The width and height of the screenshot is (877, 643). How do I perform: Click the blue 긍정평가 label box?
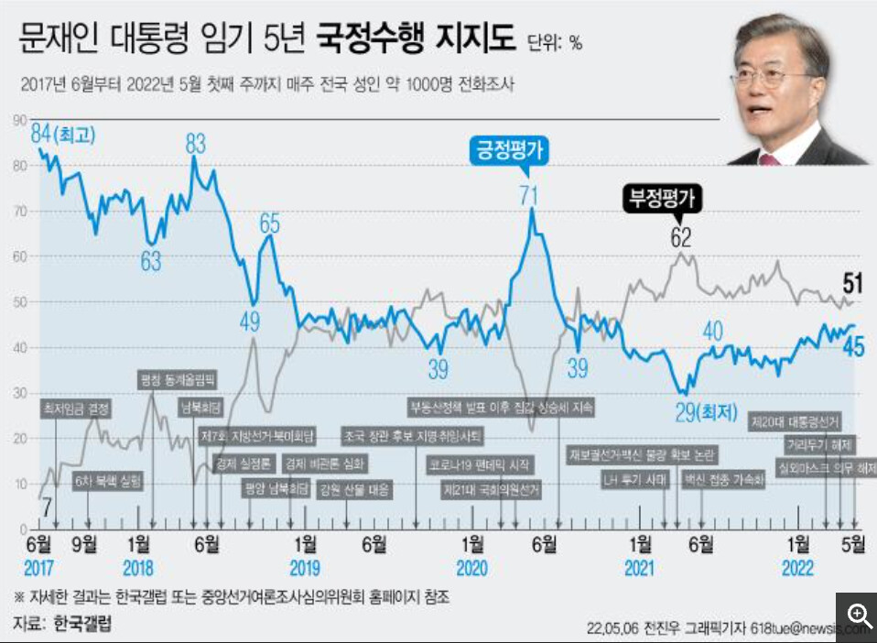pos(509,149)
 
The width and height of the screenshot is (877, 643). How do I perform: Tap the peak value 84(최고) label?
pos(64,134)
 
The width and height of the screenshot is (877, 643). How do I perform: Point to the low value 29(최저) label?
pos(706,412)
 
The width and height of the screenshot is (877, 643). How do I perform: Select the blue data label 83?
pos(195,143)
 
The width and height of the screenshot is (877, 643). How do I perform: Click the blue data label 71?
pos(528,194)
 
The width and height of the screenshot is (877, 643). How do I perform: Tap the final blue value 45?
pos(854,346)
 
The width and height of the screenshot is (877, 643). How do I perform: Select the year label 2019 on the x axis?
pos(305,569)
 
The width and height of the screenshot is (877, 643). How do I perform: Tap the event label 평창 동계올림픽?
pos(178,377)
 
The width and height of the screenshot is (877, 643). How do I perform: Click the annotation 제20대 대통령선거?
pos(795,421)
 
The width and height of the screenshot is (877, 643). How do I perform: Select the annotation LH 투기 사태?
pos(633,479)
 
